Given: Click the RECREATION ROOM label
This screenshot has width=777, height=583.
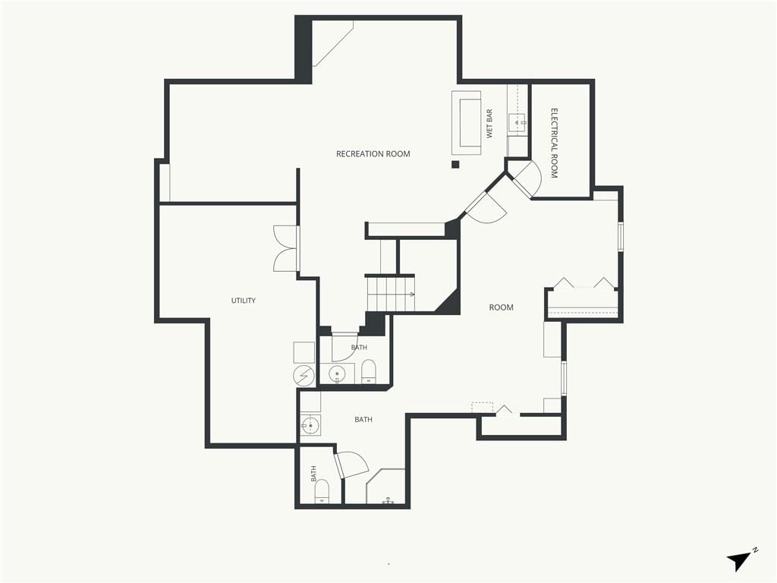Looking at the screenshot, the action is pos(373,154).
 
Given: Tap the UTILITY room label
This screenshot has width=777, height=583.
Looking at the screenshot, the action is pos(244,301).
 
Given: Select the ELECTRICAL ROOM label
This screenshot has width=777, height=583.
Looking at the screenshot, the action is pos(555,143).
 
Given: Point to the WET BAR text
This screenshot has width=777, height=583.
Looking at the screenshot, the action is pos(489,124).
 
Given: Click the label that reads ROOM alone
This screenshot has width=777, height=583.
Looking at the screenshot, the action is pos(501,307).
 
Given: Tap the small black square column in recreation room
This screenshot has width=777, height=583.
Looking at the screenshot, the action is pos(455,165).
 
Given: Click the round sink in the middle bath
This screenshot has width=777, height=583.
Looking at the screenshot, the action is pos(337,373).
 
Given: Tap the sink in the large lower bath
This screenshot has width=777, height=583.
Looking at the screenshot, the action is pos(310,425).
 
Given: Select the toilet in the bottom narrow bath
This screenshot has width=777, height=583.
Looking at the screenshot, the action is pos(322,491).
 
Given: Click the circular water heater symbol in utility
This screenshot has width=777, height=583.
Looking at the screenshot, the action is pos(304,375).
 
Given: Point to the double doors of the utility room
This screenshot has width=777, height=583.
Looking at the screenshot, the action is pos(286,249).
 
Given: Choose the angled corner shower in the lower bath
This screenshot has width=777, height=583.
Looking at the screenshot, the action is pos(385,487).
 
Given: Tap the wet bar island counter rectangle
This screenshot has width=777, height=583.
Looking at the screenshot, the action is pos(467,123).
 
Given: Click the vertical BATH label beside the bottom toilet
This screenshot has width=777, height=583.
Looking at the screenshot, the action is pos(313,474).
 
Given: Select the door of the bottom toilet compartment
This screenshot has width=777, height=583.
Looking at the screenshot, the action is pos(351,465).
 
